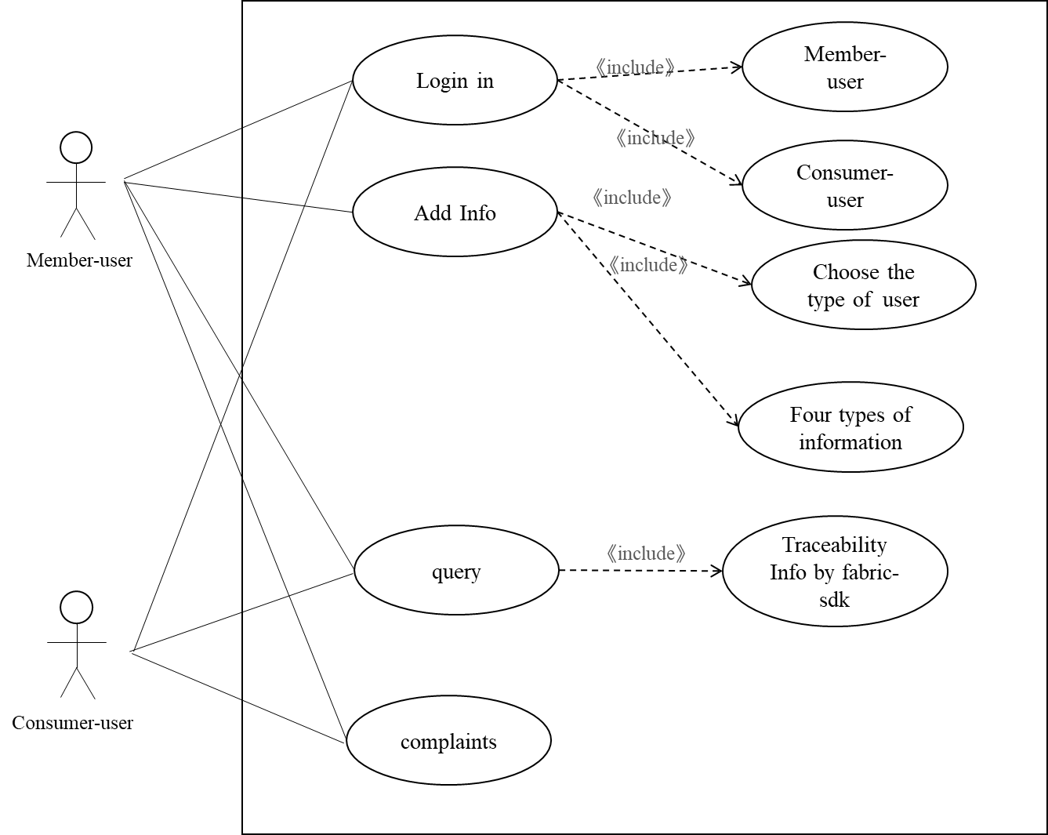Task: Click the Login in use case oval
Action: coord(455,80)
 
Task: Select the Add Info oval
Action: coord(455,212)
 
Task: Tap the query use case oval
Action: coord(456,571)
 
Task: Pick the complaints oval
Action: coord(448,741)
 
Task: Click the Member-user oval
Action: coord(844,67)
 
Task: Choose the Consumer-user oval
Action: coord(844,186)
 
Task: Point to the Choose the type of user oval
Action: coord(863,285)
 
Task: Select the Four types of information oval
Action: coord(850,427)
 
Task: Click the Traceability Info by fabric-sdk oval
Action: coord(835,572)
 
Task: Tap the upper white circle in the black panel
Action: coord(76,147)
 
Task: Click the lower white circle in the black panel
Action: coord(76,608)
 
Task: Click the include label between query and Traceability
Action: coord(646,554)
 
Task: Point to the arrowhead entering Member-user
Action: coord(738,67)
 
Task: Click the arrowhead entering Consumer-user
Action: coord(738,183)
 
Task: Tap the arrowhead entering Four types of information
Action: coord(735,422)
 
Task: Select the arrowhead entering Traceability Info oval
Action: coord(717,572)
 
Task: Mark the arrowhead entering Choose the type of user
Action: coord(747,282)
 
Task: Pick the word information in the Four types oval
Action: coord(850,442)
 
